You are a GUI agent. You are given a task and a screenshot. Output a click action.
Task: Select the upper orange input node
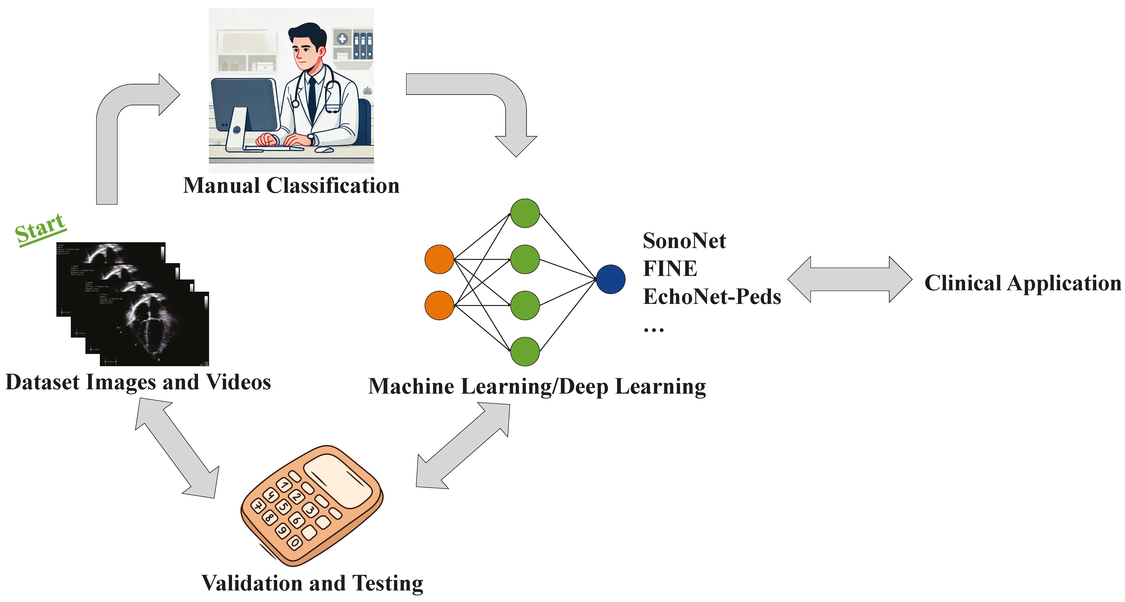point(439,259)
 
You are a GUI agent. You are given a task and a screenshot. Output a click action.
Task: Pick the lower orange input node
point(439,306)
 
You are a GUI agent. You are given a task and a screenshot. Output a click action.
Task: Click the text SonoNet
point(684,241)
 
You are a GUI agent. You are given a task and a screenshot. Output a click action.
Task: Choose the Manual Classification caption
point(291,186)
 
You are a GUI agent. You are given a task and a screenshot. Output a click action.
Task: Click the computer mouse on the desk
point(324,150)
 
